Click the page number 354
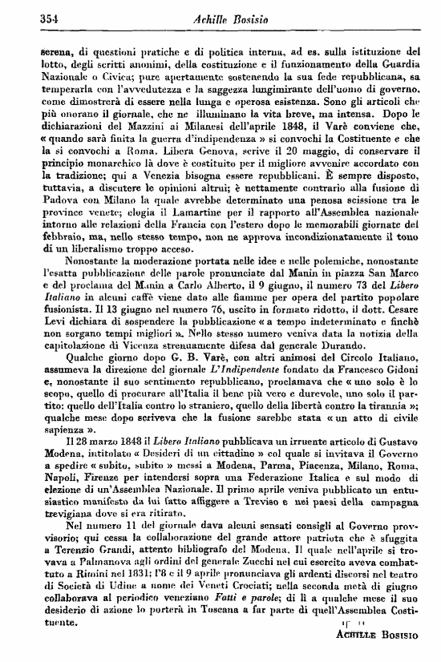(28, 18)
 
